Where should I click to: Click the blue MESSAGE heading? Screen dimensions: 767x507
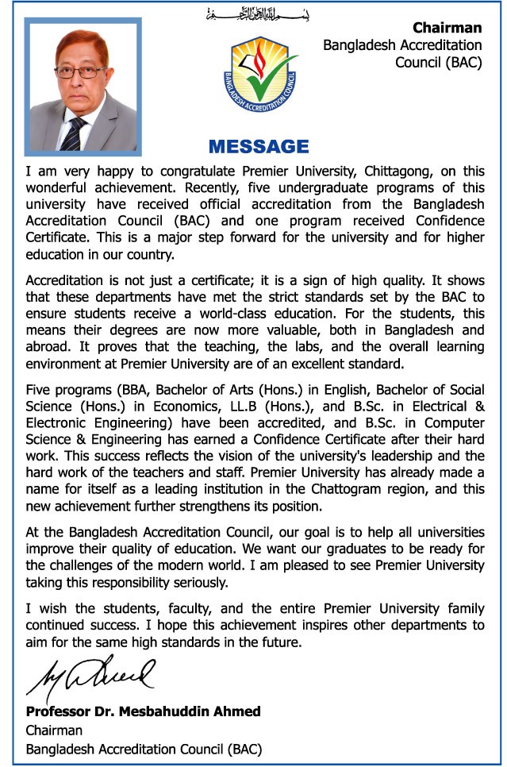(x=258, y=147)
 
